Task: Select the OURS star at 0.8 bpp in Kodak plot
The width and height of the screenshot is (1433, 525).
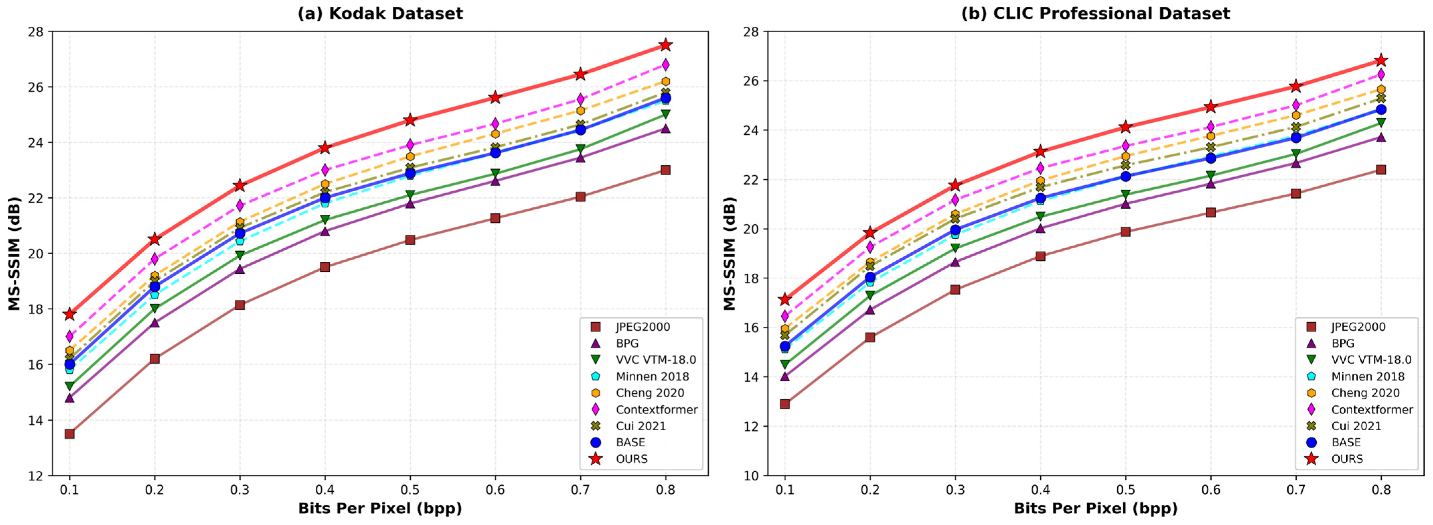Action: [665, 45]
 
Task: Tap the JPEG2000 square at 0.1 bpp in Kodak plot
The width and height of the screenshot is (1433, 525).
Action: [70, 434]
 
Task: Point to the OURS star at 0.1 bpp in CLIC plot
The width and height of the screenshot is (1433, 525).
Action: [785, 300]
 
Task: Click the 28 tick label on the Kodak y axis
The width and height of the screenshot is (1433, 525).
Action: [37, 32]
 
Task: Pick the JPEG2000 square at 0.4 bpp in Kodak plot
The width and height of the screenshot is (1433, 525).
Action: [325, 267]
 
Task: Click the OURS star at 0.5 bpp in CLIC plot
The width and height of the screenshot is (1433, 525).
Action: [1125, 127]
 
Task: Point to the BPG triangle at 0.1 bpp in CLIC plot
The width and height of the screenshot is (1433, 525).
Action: [785, 376]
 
